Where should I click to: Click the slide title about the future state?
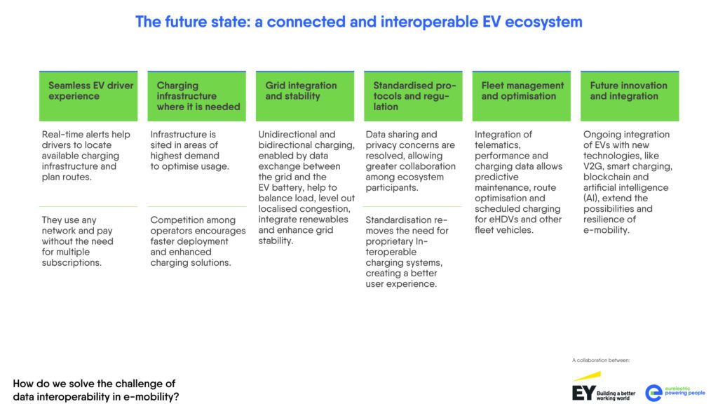tap(358, 22)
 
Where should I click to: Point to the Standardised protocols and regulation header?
tap(414, 96)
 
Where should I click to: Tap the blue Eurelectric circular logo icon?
tap(653, 393)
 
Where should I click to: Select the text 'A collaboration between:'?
tap(600, 361)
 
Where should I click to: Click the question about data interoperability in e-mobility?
tap(94, 390)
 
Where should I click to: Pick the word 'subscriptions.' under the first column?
tap(72, 263)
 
